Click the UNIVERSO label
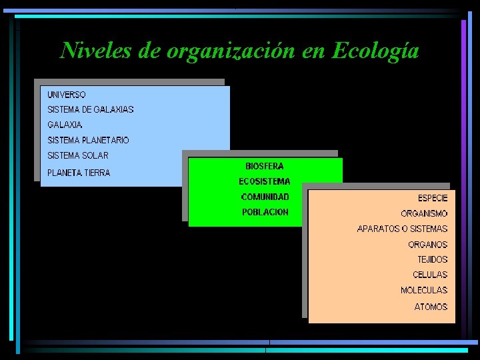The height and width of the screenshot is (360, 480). (x=67, y=95)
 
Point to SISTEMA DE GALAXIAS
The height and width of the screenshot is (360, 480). (x=91, y=109)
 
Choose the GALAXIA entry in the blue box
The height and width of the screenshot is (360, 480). (x=65, y=125)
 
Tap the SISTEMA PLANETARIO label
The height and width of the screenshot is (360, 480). (x=88, y=140)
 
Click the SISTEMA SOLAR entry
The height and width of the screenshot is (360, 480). (x=77, y=155)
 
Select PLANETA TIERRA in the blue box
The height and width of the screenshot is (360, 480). (x=79, y=173)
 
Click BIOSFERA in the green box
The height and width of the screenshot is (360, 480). (x=265, y=166)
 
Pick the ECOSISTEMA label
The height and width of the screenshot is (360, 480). (x=265, y=181)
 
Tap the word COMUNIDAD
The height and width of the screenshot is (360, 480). (x=265, y=197)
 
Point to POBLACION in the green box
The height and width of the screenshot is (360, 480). (x=265, y=212)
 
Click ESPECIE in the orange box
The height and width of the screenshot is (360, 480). (x=433, y=198)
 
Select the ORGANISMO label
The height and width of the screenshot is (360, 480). (x=424, y=214)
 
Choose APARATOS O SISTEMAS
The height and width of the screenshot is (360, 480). (x=402, y=229)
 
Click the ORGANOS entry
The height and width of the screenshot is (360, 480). (x=427, y=245)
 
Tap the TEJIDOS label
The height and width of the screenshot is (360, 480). (x=432, y=259)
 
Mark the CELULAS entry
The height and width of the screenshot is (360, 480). (x=430, y=275)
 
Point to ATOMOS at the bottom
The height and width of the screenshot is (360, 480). (x=431, y=307)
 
